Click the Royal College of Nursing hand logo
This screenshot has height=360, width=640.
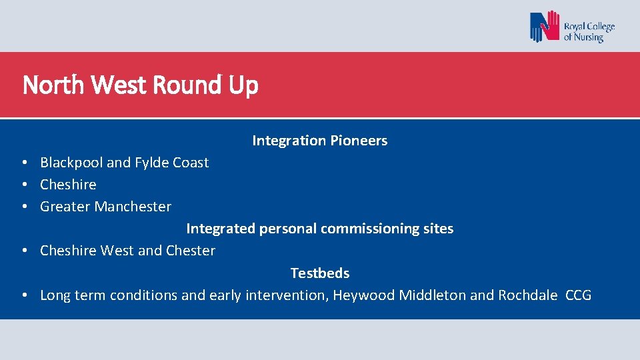[545, 27]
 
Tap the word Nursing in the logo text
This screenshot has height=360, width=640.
[589, 37]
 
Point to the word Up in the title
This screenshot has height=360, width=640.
[243, 86]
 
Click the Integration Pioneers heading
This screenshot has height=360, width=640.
[319, 141]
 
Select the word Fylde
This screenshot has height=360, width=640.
[153, 163]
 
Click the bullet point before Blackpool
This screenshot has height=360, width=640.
[23, 163]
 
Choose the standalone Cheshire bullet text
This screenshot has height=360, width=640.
[68, 185]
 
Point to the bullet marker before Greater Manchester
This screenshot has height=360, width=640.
[23, 207]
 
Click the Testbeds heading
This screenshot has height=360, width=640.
[319, 273]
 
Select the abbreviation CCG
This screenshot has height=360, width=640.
[578, 295]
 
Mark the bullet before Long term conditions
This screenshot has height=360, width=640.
[23, 295]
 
